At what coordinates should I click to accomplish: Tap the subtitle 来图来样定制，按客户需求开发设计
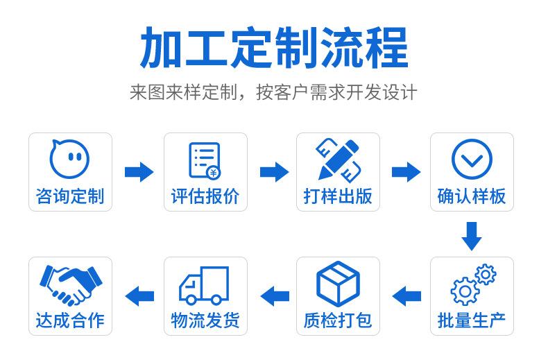pos(273,92)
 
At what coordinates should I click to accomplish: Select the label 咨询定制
pos(69,196)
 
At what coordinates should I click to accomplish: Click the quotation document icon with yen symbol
pos(205,160)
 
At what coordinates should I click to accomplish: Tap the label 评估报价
pos(205,196)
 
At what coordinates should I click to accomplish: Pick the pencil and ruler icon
pos(338,159)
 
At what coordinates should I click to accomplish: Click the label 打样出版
pos(338,196)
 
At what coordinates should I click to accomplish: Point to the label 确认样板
pos(472,196)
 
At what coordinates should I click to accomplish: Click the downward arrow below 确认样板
pos(472,236)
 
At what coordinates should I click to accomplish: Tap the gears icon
pos(473,284)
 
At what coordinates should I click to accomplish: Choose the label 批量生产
pos(472,321)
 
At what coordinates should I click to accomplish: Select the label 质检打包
pos(338,321)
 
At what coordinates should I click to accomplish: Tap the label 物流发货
pos(205,321)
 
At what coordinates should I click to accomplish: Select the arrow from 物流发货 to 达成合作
pos(139,295)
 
